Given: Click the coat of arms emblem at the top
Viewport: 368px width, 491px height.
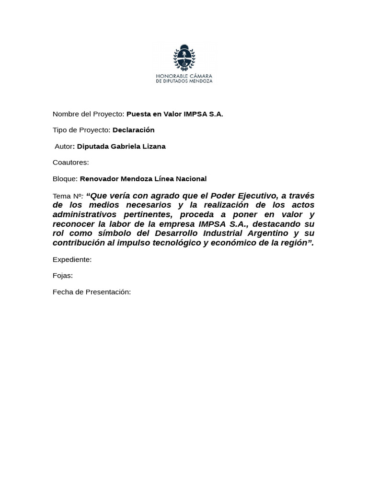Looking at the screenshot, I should coord(184,58).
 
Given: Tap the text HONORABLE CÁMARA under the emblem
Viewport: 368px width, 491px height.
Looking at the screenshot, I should coord(184,76).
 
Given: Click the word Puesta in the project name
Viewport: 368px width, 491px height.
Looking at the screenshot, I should coord(138,114).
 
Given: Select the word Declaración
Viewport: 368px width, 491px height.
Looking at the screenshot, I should coord(133,130).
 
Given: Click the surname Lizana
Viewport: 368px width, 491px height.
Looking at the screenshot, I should coord(153,146).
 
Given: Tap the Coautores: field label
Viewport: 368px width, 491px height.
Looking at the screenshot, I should coord(70,163).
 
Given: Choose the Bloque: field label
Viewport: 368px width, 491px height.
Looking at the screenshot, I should coord(65,179).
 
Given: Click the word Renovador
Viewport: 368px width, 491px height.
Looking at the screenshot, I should coord(99,179).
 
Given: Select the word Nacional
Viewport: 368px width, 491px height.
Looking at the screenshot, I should coord(191,179).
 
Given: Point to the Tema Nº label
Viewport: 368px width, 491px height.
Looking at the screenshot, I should coord(68,196).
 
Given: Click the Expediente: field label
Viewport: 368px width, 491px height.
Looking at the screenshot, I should coord(72,259).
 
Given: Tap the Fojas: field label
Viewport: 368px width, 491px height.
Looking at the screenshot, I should coord(63,276).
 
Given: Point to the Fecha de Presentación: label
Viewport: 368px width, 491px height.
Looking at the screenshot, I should coord(92,292).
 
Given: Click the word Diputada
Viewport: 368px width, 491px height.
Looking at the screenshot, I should coord(92,146).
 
